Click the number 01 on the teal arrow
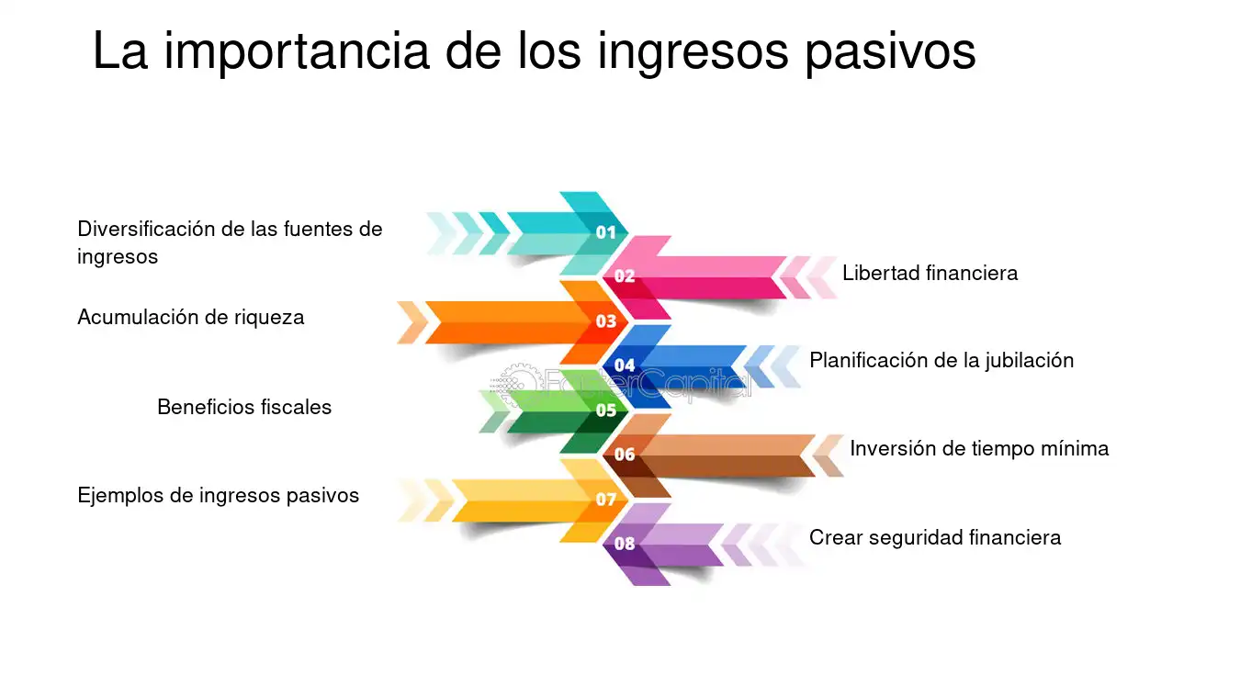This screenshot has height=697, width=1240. (x=605, y=232)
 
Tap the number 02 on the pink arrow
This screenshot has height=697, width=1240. (x=625, y=275)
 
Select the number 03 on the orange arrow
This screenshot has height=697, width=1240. (x=605, y=321)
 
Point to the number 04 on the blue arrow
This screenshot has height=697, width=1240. (x=625, y=365)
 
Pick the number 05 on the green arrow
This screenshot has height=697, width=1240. (x=605, y=410)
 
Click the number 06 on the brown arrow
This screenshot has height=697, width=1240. (x=625, y=455)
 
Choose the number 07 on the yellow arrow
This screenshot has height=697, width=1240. (x=605, y=500)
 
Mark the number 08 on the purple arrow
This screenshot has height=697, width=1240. (x=625, y=544)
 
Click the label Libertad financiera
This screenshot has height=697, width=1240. (x=930, y=273)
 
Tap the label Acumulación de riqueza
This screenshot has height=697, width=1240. (x=191, y=317)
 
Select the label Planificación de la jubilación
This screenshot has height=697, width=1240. (x=941, y=360)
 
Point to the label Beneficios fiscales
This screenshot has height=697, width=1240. (x=244, y=407)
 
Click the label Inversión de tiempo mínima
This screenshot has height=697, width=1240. (x=979, y=448)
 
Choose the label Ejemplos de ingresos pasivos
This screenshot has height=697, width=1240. (x=218, y=496)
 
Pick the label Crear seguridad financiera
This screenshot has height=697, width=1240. (x=935, y=537)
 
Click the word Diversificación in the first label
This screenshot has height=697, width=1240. (x=145, y=230)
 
